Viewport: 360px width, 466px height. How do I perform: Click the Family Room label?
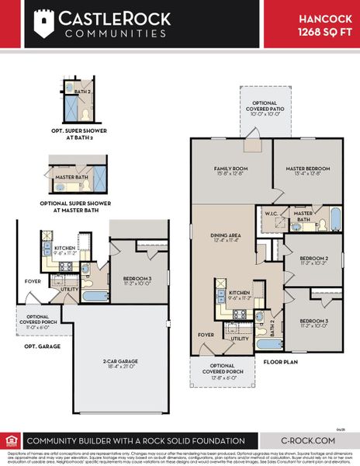(230, 170)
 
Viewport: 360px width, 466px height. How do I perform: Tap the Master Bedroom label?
(309, 170)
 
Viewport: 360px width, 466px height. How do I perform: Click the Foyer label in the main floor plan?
(205, 336)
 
